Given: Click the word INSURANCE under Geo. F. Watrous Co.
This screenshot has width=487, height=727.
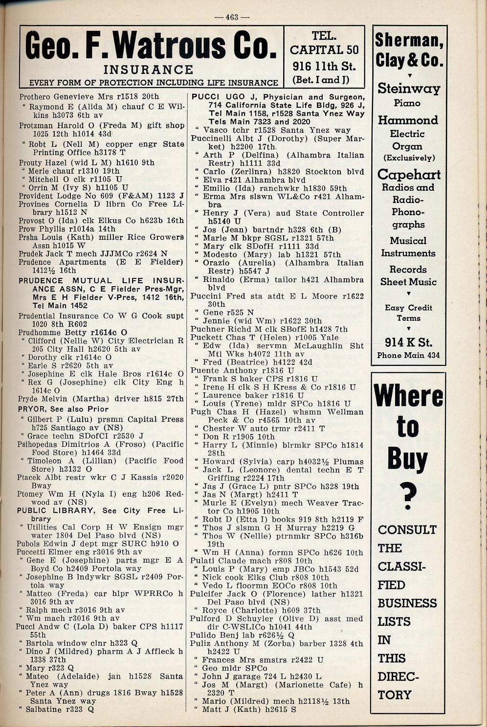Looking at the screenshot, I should point(149,70).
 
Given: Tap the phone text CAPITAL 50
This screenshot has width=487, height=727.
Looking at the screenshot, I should point(324,50).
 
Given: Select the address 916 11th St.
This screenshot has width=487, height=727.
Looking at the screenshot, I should point(324,66).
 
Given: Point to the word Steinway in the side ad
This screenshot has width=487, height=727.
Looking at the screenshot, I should point(408,89).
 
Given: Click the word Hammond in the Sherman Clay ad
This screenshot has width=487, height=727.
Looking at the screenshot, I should point(407,120).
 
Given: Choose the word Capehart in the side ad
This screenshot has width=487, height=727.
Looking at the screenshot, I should point(409,175).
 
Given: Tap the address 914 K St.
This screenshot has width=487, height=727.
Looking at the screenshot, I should point(408,342).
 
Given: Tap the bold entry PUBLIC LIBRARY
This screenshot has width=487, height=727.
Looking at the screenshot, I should point(56,510).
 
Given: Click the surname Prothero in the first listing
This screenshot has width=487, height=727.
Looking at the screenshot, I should point(35,96).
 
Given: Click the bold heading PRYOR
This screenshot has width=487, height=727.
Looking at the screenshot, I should point(31,409).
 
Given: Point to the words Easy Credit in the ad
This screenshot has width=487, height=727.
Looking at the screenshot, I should point(408,308).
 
